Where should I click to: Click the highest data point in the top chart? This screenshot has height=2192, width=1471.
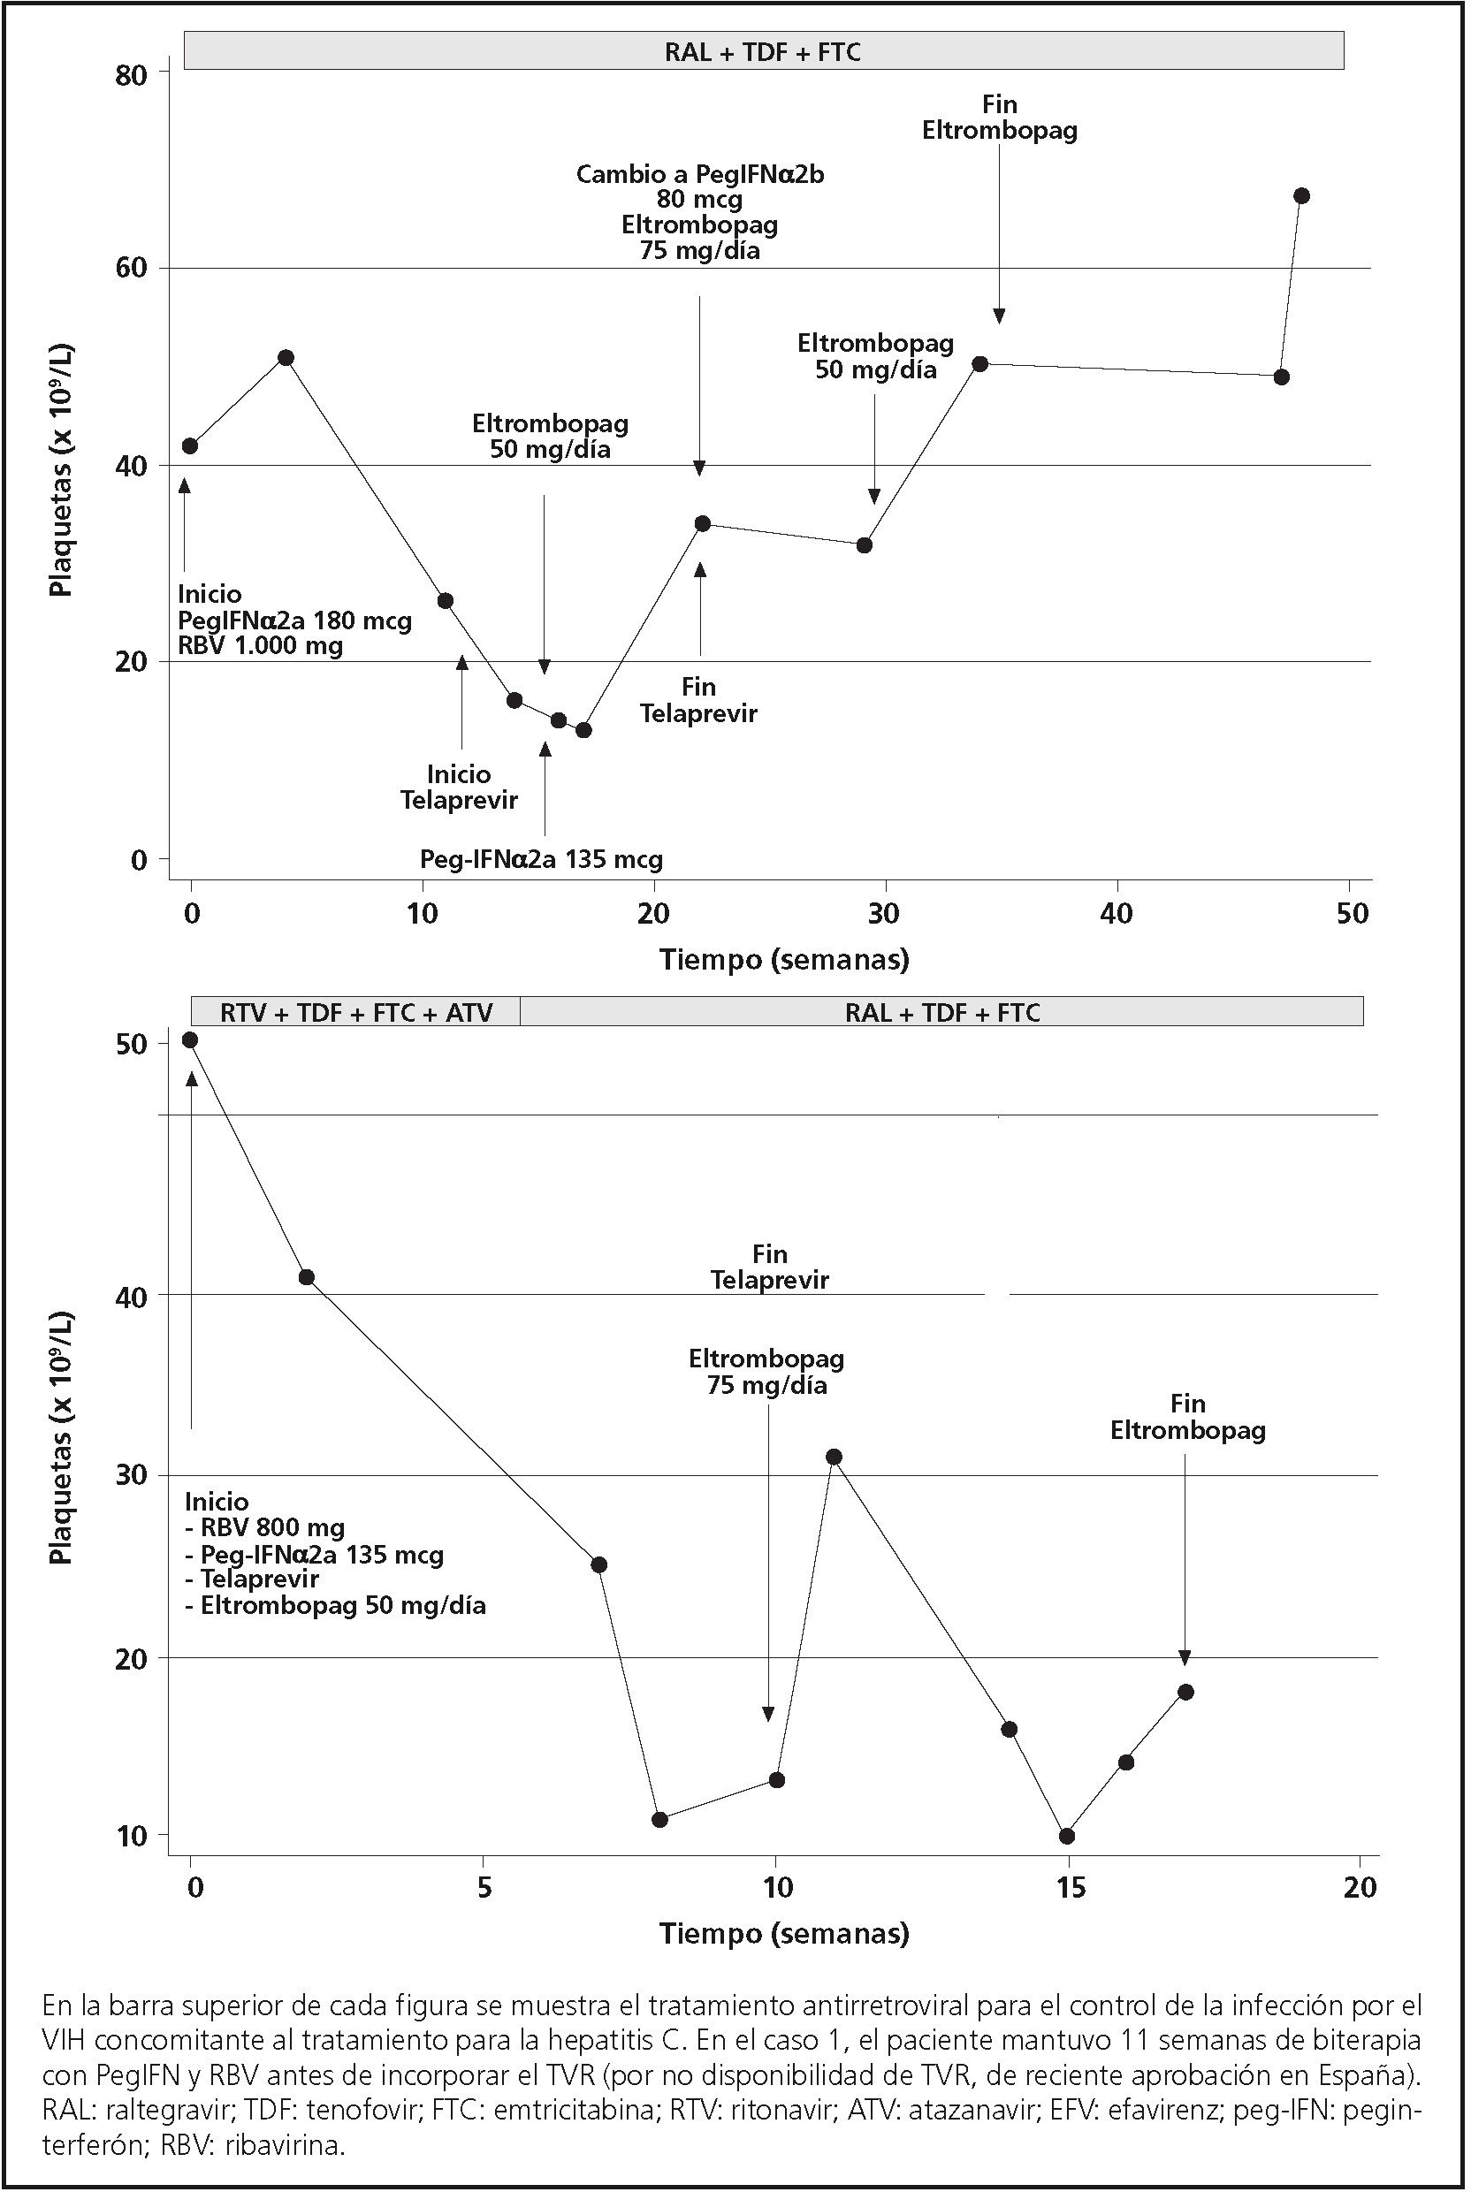[1301, 195]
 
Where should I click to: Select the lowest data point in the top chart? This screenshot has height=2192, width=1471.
[583, 730]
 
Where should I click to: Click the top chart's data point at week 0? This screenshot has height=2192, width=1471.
[189, 445]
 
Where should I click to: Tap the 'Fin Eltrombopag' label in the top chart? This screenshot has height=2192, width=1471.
[999, 118]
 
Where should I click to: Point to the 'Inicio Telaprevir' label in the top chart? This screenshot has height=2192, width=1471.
[459, 787]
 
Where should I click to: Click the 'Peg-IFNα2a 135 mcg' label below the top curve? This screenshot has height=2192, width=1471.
[541, 858]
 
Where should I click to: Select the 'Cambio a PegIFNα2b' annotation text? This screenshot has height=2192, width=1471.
[700, 174]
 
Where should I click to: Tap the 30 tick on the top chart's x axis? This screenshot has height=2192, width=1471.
[885, 913]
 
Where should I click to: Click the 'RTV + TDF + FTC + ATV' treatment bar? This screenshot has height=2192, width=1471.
[355, 1012]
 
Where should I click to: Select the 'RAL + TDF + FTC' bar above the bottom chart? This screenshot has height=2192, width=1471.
[941, 1012]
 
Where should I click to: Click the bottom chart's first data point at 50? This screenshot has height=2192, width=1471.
[189, 1039]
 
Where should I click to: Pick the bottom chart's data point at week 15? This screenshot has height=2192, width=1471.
[1067, 1836]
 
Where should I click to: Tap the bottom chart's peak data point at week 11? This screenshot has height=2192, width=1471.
[833, 1457]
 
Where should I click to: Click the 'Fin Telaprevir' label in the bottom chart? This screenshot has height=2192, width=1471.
[769, 1267]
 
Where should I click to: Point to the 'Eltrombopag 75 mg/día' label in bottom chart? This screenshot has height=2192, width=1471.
[766, 1371]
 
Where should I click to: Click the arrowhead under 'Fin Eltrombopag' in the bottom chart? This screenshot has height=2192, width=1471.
[1185, 1657]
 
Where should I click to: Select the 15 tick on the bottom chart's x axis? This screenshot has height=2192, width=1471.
[1069, 1886]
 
